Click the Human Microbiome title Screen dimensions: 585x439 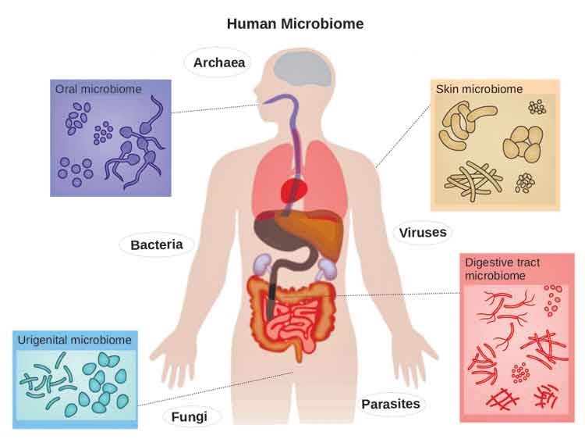[x=295, y=24]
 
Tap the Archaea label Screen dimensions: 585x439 [x=219, y=62]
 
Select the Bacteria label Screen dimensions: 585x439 [x=157, y=245]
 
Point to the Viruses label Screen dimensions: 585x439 [x=423, y=233]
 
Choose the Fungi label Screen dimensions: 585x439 [x=190, y=417]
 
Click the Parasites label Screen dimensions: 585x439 [x=391, y=404]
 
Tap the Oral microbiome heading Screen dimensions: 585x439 [x=98, y=89]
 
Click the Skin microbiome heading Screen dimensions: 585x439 [x=480, y=89]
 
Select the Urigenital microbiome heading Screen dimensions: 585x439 [x=75, y=340]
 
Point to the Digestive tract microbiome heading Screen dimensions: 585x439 [x=502, y=269]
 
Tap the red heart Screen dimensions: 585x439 [x=294, y=190]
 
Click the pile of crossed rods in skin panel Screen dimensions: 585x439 [x=473, y=181]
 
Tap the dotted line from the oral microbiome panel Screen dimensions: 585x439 [x=215, y=109]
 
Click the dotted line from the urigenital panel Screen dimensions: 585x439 [x=215, y=388]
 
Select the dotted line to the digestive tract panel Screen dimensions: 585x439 [x=398, y=294]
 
